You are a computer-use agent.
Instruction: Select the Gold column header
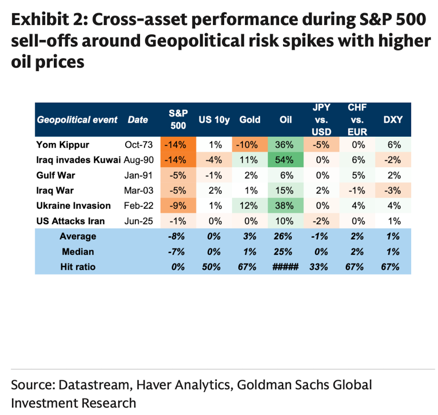[x=250, y=120]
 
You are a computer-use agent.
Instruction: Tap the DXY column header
[x=392, y=120]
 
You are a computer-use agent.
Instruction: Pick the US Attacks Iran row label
[x=71, y=221]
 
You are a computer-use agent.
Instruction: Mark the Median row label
[x=78, y=252]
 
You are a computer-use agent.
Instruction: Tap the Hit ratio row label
[x=78, y=267]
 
